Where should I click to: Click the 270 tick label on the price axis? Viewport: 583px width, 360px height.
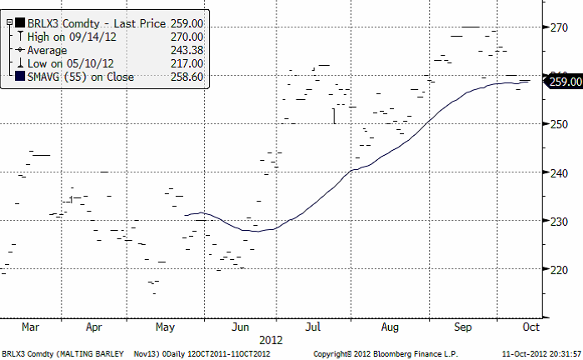pos(559,27)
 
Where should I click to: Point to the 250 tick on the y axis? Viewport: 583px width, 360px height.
pos(559,124)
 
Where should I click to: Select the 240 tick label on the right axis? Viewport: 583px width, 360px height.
pos(559,172)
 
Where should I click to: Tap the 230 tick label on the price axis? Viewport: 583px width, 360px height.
pos(559,221)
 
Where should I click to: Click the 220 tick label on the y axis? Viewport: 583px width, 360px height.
pos(559,269)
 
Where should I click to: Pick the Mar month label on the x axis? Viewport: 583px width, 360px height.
pos(32,327)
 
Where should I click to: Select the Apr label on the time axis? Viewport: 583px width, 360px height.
pos(93,327)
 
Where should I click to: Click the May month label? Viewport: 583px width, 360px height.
pos(165,327)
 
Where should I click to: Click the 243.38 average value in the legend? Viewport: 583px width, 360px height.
pos(187,50)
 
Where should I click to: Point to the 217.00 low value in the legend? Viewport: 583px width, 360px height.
pos(187,63)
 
